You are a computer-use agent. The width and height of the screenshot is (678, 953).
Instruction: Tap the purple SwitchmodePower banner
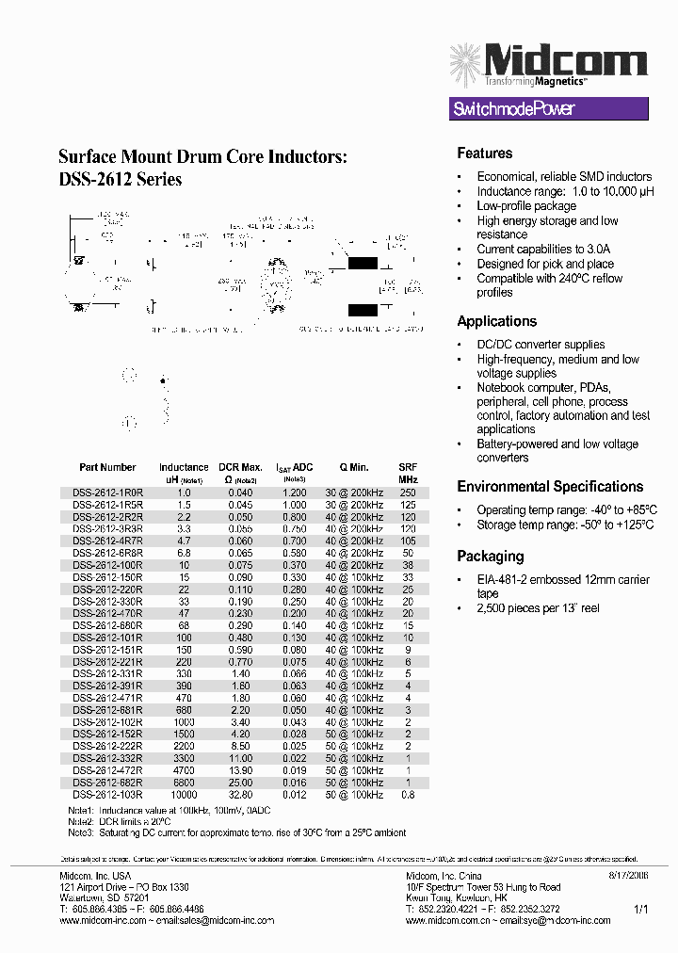point(549,109)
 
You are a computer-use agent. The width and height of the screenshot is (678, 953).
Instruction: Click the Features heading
point(484,153)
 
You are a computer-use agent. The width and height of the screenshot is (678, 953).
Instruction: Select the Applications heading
point(496,321)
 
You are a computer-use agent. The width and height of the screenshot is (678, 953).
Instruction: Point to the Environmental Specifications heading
point(550,487)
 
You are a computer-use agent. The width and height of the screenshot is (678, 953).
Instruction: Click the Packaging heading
point(490,556)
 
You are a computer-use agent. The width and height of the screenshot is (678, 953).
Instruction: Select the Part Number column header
point(107,467)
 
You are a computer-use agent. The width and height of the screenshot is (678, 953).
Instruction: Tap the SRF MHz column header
point(407,473)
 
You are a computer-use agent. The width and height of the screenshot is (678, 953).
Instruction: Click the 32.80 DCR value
point(240,795)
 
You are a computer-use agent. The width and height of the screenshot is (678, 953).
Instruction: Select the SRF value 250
point(407,493)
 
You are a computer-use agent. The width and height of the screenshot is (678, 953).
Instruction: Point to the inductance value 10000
point(184,795)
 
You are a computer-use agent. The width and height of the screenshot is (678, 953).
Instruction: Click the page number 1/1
point(640,910)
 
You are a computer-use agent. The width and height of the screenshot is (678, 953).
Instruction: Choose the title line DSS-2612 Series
point(120,179)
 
